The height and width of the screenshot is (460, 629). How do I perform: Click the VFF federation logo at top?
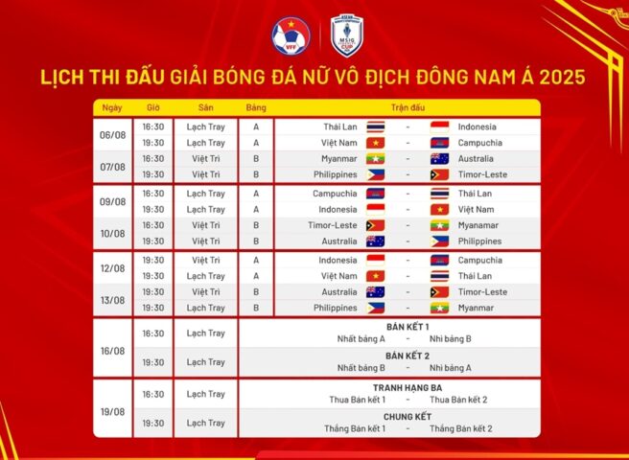point(290,36)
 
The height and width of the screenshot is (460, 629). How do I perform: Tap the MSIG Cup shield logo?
point(345,35)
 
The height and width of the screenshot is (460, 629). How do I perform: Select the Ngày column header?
point(113,107)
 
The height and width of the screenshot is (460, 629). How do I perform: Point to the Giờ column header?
point(153,107)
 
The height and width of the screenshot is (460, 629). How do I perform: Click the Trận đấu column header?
point(408,107)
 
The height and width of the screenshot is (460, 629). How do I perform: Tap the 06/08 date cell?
point(113,134)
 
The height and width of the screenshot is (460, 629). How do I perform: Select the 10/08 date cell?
point(113,234)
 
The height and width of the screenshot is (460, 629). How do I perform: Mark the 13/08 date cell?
point(113,300)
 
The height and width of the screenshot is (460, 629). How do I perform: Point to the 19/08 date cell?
point(113,407)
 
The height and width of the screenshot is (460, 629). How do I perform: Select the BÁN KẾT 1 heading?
point(408,327)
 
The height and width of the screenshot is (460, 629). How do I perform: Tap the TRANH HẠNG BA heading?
point(408,387)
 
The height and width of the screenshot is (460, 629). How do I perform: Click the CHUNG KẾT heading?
point(408,417)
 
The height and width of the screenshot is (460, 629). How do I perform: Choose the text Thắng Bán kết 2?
point(461,428)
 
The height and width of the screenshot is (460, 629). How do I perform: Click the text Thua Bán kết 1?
point(356,399)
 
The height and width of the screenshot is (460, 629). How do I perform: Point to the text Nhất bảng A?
point(361,338)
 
